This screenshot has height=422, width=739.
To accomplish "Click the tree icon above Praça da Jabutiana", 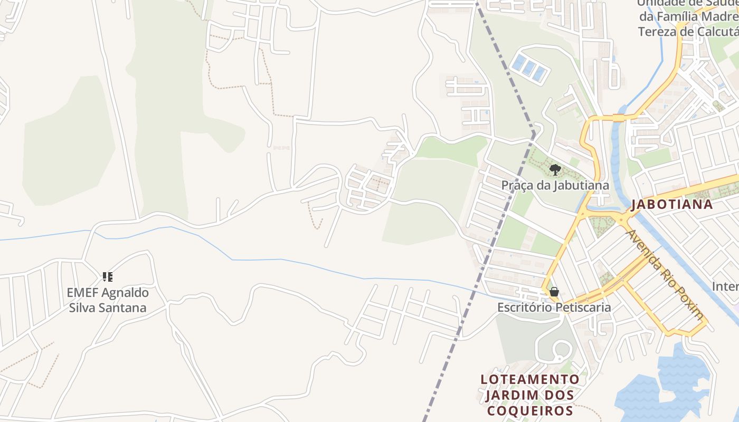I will [x=554, y=169].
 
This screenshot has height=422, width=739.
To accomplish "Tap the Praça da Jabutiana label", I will [x=555, y=185].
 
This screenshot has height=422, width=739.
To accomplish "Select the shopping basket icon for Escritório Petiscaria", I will [x=554, y=292].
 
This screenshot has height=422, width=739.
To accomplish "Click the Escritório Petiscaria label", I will [x=554, y=307].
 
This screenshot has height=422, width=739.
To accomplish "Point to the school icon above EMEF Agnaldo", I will [x=108, y=276].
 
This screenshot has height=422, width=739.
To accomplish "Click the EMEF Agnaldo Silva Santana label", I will [x=108, y=300].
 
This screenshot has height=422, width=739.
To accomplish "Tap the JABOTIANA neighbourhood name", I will [x=672, y=205].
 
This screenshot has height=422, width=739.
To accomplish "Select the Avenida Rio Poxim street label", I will [x=665, y=274].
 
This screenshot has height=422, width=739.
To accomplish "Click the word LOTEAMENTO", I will [x=530, y=379].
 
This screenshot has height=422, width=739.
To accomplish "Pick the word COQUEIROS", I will [x=530, y=411].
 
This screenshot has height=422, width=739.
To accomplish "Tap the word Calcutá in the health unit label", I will [x=707, y=32].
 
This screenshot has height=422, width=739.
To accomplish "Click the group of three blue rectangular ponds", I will [x=529, y=67].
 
